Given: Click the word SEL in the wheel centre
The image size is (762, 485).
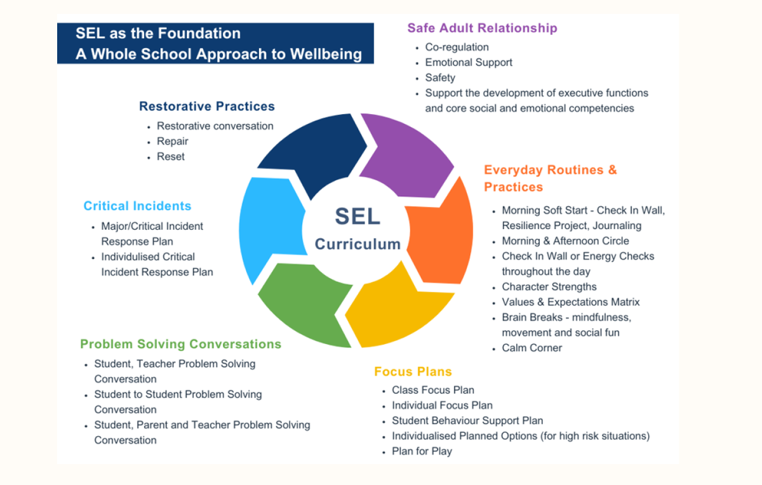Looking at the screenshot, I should click(x=358, y=216).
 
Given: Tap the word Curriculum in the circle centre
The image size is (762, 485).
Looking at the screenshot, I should click(x=358, y=244).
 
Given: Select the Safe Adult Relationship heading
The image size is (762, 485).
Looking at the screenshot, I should click(x=482, y=28).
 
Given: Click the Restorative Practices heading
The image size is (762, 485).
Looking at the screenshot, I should click(x=207, y=106).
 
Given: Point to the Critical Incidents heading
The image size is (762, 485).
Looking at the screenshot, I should click(x=137, y=206).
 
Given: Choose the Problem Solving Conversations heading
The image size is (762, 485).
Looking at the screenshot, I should click(x=180, y=344).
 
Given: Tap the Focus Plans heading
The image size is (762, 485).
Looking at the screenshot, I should click(x=413, y=371).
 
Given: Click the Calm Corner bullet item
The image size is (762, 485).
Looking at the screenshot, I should click(x=531, y=348).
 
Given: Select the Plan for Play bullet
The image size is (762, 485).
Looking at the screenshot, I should click(x=422, y=451).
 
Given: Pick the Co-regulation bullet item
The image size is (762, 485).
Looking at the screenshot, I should click(x=457, y=47).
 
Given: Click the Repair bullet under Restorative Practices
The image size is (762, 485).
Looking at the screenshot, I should click(x=173, y=141).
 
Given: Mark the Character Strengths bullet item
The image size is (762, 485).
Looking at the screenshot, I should click(x=549, y=287).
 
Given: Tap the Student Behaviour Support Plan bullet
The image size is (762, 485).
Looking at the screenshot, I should click(x=467, y=421).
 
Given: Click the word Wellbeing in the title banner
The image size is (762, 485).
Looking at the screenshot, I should click(x=326, y=54).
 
